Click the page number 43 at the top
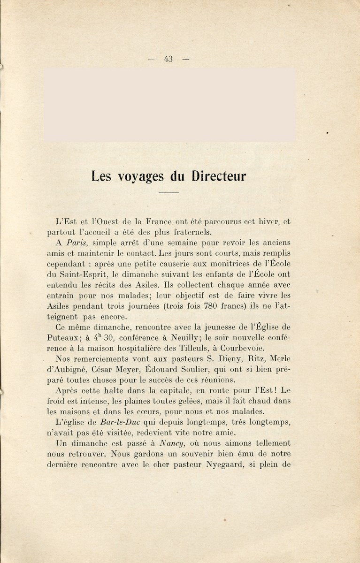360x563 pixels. [x=169, y=59]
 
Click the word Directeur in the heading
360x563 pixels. [x=219, y=177]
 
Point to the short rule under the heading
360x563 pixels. [x=169, y=193]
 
